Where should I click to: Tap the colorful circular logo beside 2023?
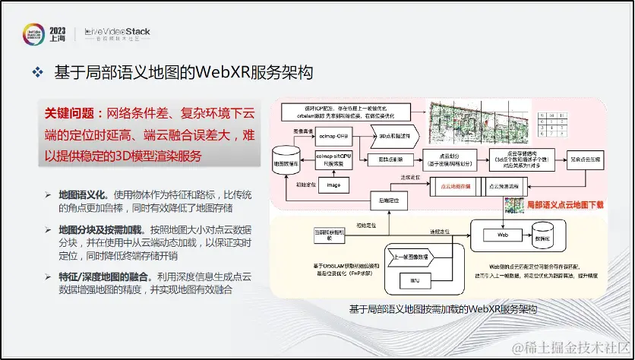[x=33, y=33]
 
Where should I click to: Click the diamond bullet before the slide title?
[x=36, y=74]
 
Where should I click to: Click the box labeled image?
[x=332, y=185]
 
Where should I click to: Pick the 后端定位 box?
[x=390, y=200]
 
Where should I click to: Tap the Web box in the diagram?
[x=502, y=236]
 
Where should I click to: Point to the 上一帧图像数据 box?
[x=413, y=257]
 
